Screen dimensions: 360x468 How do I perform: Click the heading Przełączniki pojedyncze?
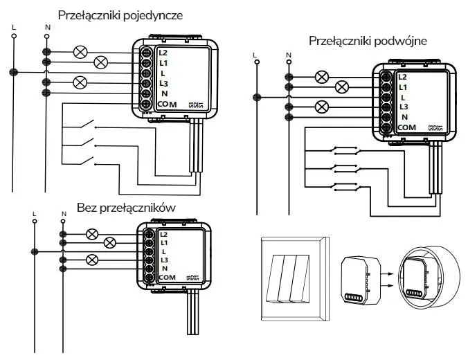(x=120, y=13)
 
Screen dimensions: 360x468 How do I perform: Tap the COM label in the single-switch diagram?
(x=168, y=104)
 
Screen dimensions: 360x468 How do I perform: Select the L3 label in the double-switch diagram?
(x=404, y=107)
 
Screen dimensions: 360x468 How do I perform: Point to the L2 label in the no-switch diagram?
(x=163, y=234)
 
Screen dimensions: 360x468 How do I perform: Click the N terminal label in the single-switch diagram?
(x=163, y=93)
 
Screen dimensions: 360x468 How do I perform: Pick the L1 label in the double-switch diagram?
(x=403, y=87)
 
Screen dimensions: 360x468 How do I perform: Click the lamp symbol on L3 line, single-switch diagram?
(x=78, y=82)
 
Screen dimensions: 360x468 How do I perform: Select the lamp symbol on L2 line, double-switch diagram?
(x=321, y=77)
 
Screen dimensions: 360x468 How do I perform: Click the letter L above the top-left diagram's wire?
(x=13, y=27)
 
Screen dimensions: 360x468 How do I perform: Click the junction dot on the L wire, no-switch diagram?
(x=34, y=251)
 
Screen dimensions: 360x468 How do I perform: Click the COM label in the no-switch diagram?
(x=167, y=277)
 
